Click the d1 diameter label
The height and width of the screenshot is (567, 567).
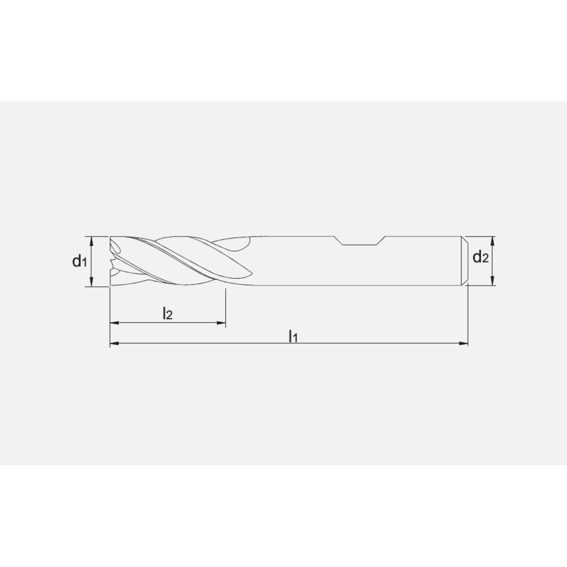79,261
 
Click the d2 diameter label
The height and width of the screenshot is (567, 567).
481,258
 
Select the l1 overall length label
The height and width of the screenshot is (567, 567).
293,336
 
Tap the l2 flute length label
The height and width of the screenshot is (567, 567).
167,313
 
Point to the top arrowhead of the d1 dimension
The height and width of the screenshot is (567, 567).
92,240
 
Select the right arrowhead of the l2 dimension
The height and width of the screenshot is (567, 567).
222,323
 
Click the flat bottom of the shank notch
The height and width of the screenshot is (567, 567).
360,246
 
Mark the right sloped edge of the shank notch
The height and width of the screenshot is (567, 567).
382,240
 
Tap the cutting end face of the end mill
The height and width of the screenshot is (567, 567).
112,261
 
